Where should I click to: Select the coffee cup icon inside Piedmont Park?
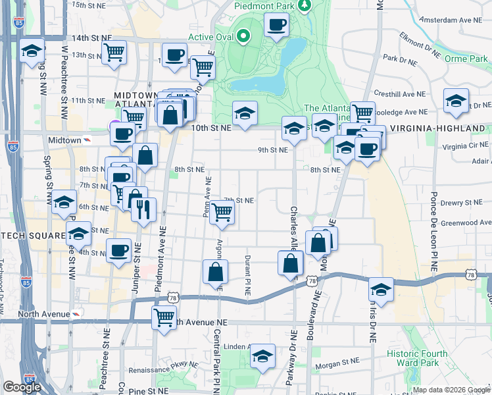(276, 26)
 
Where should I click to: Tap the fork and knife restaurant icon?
(143, 209)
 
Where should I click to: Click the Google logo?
(22, 387)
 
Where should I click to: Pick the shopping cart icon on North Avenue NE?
(164, 317)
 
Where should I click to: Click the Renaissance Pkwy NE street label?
(164, 370)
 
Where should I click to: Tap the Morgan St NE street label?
(337, 362)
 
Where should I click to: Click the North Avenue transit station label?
(43, 314)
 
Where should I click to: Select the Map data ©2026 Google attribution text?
(451, 390)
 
